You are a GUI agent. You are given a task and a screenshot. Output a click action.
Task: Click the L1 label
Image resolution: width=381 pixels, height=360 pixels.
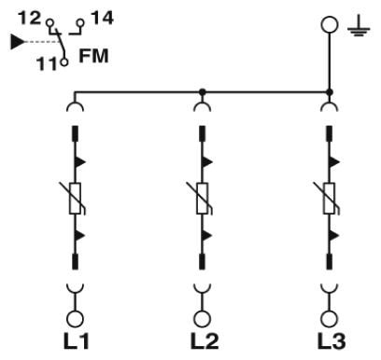tap(77, 341)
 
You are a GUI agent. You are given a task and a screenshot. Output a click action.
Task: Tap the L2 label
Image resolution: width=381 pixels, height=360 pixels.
tap(205, 341)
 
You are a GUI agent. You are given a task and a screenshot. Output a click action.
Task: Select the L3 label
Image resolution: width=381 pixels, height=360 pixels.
tap(332, 341)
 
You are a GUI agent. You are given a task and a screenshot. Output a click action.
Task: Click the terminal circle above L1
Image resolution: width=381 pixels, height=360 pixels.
tap(75, 319)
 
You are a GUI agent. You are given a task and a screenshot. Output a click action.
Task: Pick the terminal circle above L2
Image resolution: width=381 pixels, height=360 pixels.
tap(203, 319)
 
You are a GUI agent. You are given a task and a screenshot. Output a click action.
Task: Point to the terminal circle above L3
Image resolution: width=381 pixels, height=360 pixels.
tap(330, 319)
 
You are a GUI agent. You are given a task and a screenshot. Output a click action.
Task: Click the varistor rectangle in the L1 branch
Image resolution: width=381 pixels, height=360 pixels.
tap(75, 199)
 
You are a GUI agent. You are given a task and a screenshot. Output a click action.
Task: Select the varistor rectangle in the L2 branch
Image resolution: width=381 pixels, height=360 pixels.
tap(203, 199)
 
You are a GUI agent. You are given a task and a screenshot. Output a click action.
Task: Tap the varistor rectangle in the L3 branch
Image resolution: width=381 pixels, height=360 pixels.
tap(330, 199)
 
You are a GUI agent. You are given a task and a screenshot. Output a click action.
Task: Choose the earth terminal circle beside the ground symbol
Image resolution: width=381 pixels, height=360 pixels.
tap(330, 24)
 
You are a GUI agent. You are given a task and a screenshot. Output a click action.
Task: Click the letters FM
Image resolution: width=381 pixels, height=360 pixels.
tap(93, 56)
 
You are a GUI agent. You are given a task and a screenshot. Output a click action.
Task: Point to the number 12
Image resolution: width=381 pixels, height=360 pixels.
tap(30, 18)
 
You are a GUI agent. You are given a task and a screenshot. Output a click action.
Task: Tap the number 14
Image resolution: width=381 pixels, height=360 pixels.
tap(103, 18)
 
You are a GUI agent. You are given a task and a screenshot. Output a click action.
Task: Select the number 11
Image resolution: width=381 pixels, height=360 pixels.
tap(47, 63)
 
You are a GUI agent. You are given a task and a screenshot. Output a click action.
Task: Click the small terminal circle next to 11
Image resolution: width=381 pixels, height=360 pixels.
tap(63, 62)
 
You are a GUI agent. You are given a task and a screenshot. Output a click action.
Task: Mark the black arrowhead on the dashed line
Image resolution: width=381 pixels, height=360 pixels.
tap(18, 42)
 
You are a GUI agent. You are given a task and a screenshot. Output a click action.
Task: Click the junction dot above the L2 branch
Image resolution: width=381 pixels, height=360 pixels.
tap(203, 92)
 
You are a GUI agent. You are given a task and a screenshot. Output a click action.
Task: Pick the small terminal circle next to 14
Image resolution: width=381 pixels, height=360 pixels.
tap(80, 22)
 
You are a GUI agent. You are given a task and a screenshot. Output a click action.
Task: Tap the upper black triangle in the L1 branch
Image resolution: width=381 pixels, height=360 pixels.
tap(80, 161)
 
